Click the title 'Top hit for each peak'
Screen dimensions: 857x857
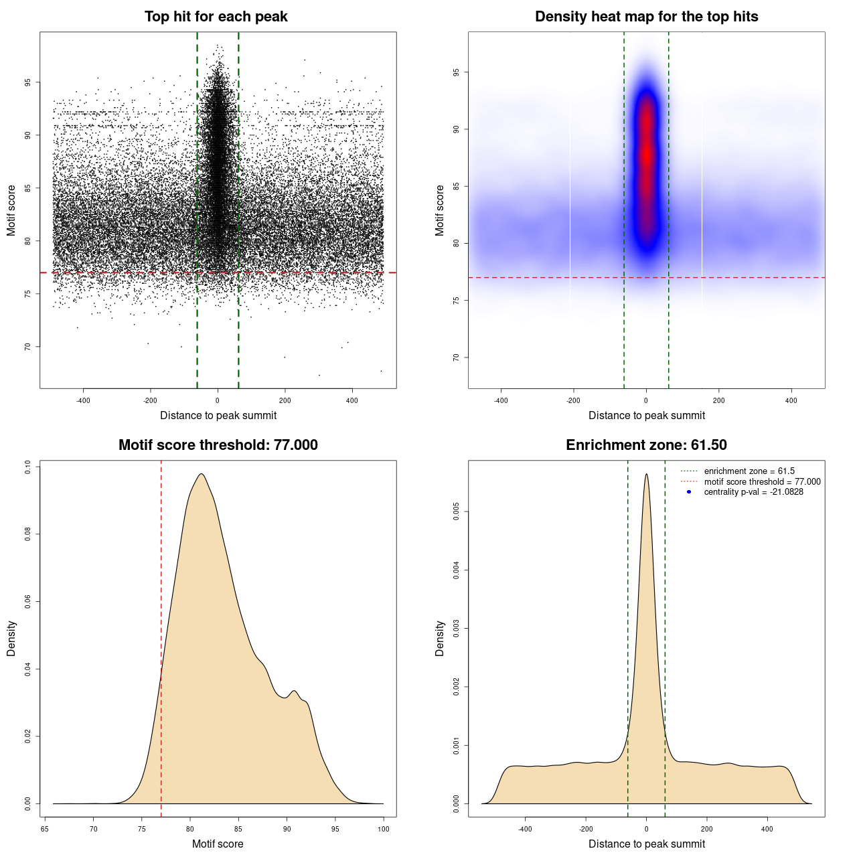[216, 17]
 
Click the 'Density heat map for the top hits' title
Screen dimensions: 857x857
[646, 17]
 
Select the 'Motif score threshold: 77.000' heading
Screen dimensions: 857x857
[218, 445]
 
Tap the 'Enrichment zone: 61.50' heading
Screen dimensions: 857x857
[646, 445]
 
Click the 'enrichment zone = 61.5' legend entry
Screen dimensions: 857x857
[749, 471]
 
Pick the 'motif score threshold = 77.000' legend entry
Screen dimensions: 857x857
[762, 481]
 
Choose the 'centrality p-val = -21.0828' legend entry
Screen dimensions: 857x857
[753, 492]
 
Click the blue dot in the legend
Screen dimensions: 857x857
[689, 492]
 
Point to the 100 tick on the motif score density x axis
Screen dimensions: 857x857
[383, 829]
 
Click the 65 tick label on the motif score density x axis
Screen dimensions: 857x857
[45, 829]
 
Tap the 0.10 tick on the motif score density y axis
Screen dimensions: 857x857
[27, 466]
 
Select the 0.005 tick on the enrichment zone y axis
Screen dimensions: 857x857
[456, 512]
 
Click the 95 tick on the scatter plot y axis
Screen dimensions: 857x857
[27, 82]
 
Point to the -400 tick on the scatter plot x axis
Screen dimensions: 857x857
[83, 400]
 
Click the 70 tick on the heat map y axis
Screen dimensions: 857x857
[456, 358]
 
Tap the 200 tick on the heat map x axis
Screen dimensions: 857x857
[718, 400]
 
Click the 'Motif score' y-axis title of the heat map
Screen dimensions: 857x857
[440, 210]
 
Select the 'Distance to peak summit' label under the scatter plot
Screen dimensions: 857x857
[218, 416]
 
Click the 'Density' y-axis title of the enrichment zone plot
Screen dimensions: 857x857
[440, 638]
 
